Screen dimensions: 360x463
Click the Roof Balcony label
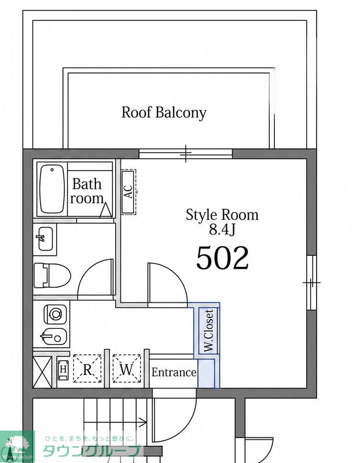click(164, 113)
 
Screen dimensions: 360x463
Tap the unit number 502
click(222, 258)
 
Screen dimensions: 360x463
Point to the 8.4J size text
click(222, 229)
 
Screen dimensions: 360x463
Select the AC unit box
click(128, 192)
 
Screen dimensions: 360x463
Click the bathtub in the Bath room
click(52, 189)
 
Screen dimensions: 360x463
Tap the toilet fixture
click(52, 275)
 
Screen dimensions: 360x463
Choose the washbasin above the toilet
click(45, 238)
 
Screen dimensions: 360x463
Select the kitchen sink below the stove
click(54, 336)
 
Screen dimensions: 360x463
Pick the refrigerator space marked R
click(87, 369)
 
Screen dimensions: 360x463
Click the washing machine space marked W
click(127, 369)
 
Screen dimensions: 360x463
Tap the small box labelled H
click(63, 369)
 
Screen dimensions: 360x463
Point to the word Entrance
click(174, 372)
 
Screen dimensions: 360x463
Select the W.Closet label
click(209, 330)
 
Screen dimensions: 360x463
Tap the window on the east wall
click(311, 282)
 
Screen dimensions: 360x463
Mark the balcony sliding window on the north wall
click(185, 154)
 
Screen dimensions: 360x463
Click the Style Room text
click(222, 215)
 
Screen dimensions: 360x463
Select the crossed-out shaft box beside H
click(42, 372)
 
